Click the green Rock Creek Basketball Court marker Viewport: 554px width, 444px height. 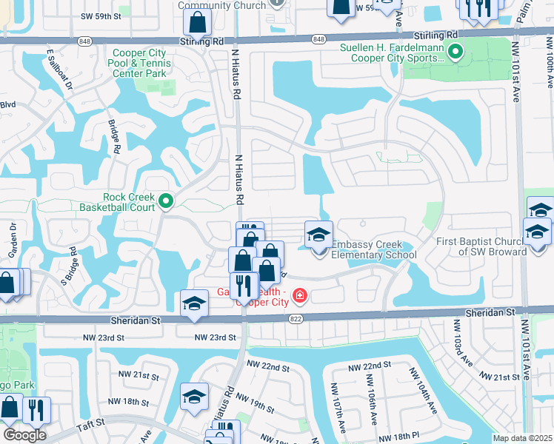point(167,200)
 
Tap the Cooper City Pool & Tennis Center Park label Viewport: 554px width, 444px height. point(141,63)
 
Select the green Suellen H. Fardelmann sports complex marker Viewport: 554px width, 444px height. point(455,52)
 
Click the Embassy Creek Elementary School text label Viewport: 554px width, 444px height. point(373,250)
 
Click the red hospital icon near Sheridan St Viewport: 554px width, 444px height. point(299,297)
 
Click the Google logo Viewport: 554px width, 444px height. point(24,435)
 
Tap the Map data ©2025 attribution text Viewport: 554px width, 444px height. point(521,438)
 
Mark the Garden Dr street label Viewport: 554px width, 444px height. point(13,240)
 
